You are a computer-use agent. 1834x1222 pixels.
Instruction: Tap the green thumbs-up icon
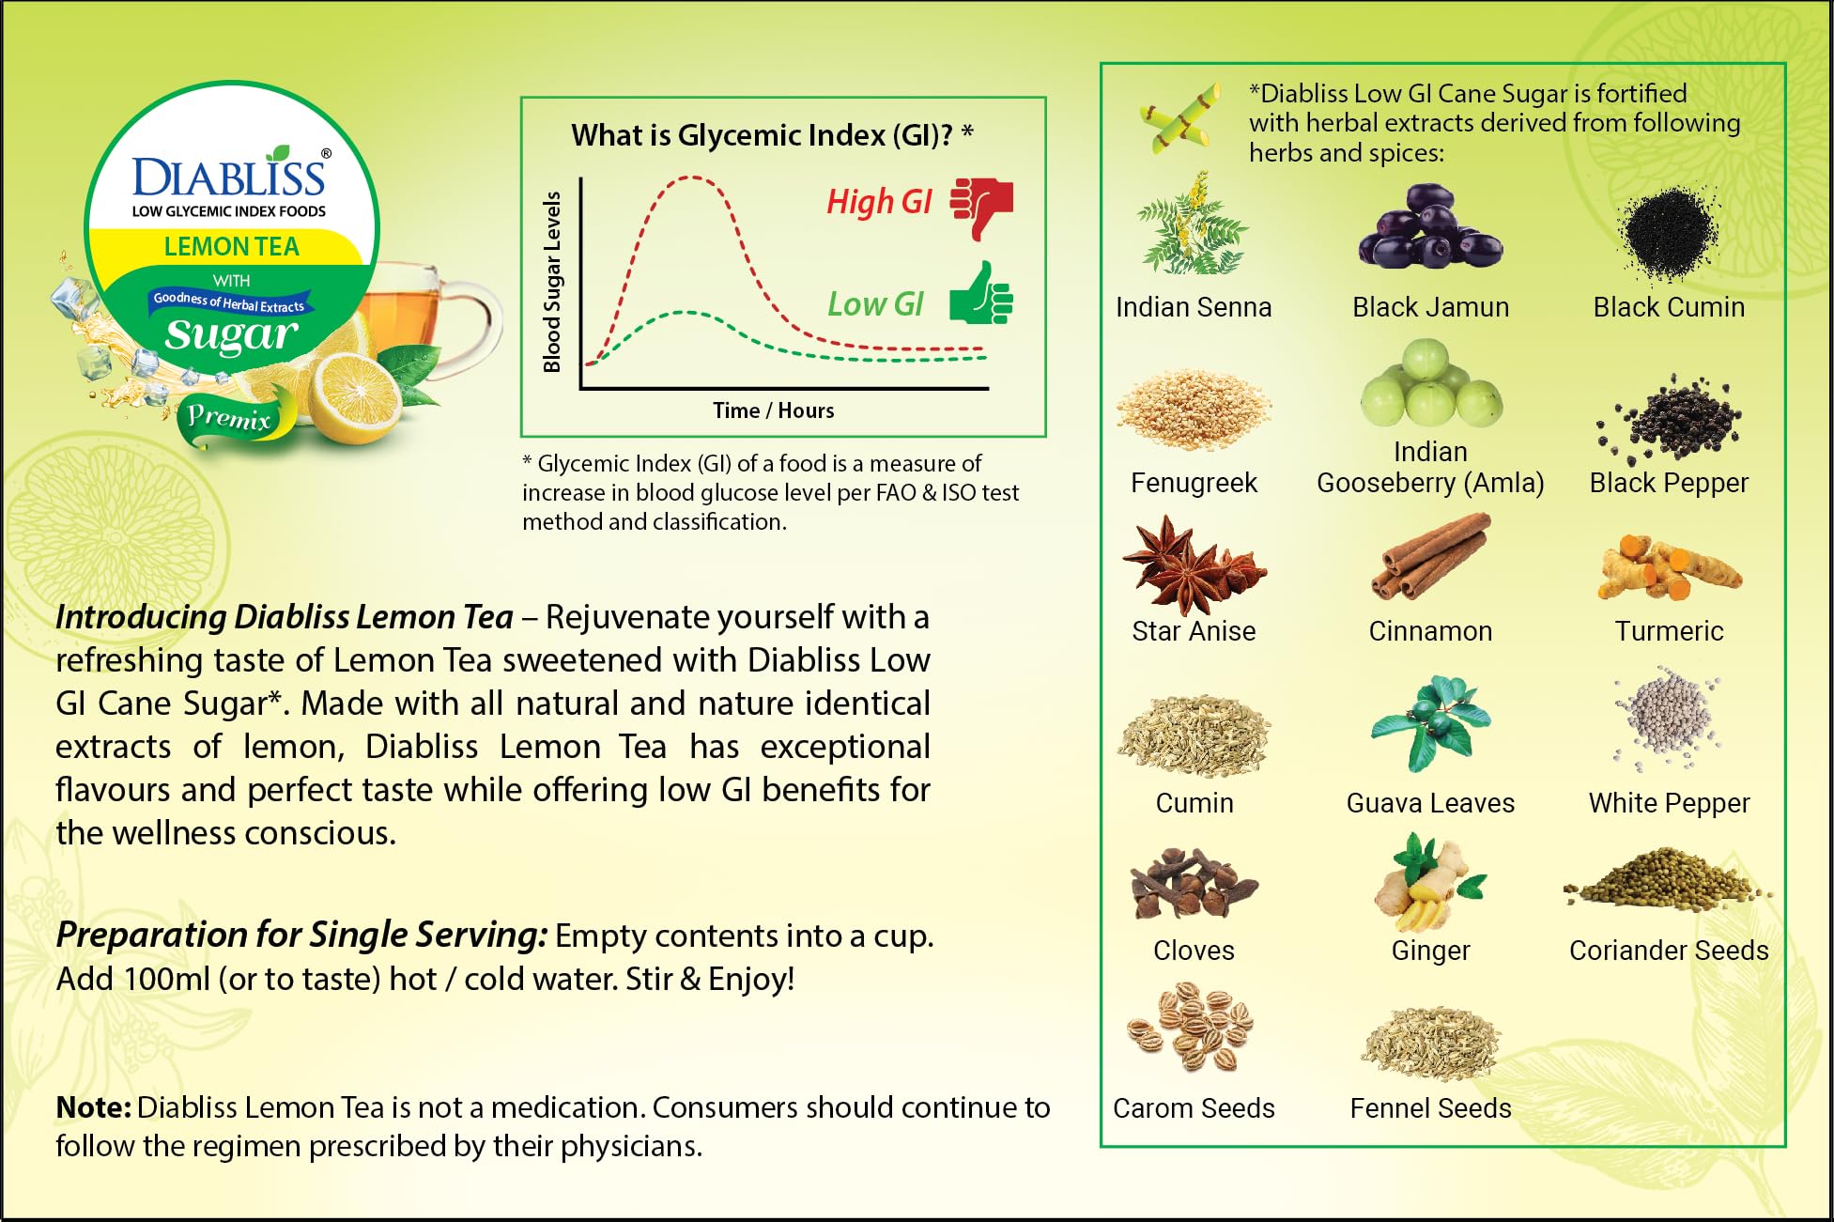pyautogui.click(x=981, y=294)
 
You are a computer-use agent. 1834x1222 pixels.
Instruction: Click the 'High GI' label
pyautogui.click(x=879, y=202)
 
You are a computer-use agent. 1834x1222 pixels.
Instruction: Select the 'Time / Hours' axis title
pyautogui.click(x=773, y=410)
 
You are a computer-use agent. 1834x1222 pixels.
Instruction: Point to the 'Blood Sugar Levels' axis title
pyautogui.click(x=552, y=282)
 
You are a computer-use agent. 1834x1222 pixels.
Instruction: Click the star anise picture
pyautogui.click(x=1193, y=565)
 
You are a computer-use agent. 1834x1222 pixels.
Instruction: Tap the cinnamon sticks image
pyautogui.click(x=1430, y=556)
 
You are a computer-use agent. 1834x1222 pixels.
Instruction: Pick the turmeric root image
pyautogui.click(x=1669, y=567)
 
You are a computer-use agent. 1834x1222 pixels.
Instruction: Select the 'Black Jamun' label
pyautogui.click(x=1430, y=307)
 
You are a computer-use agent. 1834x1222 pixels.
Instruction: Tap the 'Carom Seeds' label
pyautogui.click(x=1194, y=1108)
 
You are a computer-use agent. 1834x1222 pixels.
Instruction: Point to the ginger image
pyautogui.click(x=1427, y=883)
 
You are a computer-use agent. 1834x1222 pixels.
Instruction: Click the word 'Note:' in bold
pyautogui.click(x=94, y=1107)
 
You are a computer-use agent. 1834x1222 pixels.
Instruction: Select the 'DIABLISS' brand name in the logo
pyautogui.click(x=229, y=177)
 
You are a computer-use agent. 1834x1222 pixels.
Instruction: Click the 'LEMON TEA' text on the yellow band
pyautogui.click(x=231, y=247)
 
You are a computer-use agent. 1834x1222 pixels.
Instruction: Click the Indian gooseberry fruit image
pyautogui.click(x=1430, y=385)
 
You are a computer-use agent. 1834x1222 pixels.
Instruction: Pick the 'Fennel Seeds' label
pyautogui.click(x=1430, y=1108)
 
